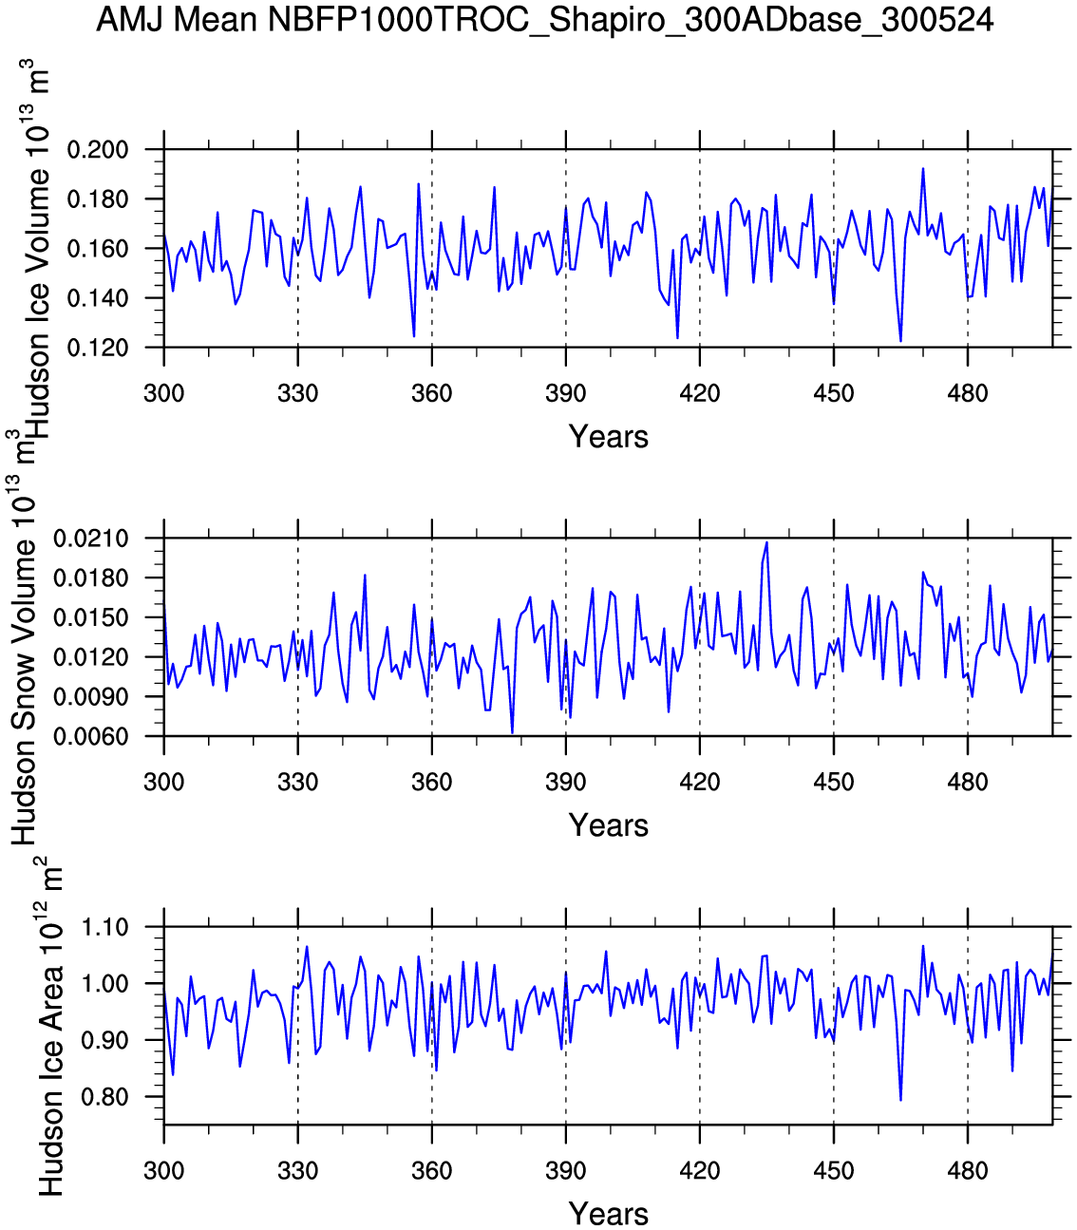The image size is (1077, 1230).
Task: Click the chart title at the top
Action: coord(544,20)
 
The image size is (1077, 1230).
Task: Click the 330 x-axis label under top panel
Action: coord(298,394)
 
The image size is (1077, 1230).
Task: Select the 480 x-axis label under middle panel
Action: coord(967,783)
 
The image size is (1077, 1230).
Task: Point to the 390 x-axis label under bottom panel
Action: coord(566,1171)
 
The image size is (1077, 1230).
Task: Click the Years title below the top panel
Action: coord(608,437)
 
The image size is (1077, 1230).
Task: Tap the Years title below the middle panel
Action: coord(608,825)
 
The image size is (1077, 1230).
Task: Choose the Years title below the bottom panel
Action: coord(608,1214)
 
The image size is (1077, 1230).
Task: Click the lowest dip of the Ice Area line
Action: coord(900,1100)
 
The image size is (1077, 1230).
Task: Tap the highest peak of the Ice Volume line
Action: coord(922,169)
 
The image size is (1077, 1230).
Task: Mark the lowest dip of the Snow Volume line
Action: coord(512,732)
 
